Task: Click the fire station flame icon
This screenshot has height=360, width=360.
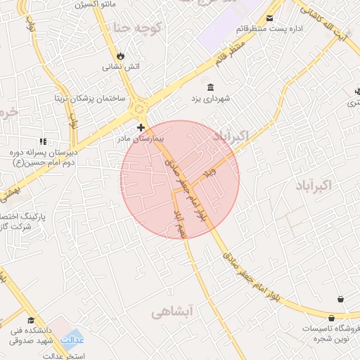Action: coord(120,56)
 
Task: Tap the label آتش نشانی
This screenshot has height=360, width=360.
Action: coord(122,67)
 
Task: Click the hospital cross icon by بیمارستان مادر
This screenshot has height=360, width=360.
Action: coord(141,127)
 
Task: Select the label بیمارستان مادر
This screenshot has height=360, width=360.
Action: coord(140,139)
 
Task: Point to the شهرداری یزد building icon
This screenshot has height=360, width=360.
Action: coord(212,86)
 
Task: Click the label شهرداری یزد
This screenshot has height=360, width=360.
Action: coord(212,98)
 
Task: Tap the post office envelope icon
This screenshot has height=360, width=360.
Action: coord(271,18)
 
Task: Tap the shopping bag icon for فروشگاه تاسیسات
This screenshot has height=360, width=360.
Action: coord(340,300)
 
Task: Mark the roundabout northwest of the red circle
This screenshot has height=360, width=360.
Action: coord(138,108)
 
